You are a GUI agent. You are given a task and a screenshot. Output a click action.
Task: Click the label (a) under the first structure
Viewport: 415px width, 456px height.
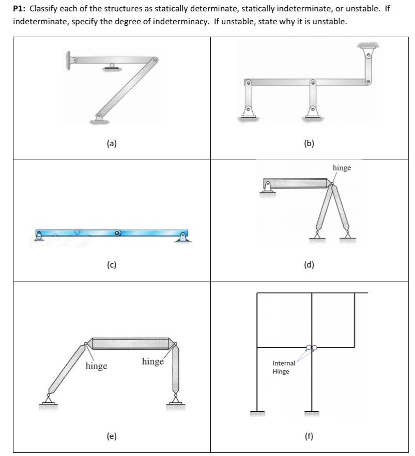[x=112, y=144]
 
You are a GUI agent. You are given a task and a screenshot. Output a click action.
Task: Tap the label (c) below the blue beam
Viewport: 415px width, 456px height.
[x=112, y=265]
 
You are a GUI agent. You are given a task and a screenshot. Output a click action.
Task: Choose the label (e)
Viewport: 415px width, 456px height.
[x=112, y=436]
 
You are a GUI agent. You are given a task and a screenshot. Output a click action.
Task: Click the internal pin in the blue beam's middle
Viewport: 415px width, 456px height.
[x=118, y=233]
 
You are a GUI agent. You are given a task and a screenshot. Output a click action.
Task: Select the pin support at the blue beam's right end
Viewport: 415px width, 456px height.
[x=182, y=237]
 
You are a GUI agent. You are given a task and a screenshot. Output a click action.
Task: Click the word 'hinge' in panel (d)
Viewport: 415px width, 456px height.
[x=342, y=168]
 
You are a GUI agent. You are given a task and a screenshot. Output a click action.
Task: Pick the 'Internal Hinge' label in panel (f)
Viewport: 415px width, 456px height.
[x=284, y=367]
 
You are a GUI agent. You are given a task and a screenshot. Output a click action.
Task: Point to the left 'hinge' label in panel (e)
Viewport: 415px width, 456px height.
[x=96, y=366]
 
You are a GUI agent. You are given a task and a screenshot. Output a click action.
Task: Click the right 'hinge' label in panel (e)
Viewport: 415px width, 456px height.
[x=152, y=361]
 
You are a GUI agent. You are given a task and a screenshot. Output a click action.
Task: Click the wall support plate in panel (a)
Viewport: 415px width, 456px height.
[x=68, y=60]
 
